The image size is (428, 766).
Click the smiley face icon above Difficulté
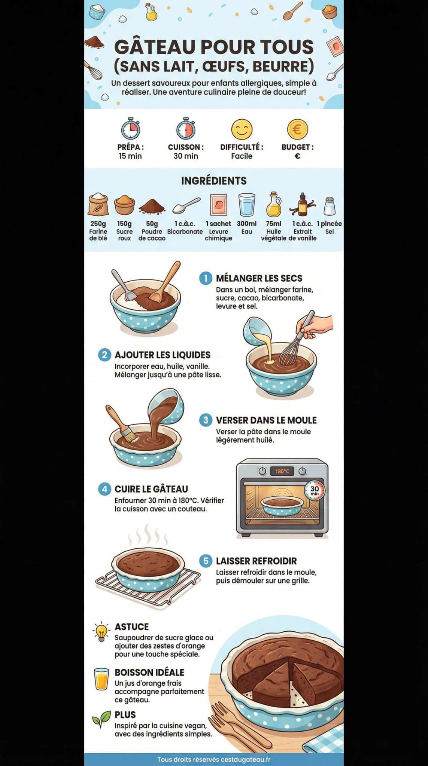pos(242,129)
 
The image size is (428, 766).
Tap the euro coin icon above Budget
pos(297,129)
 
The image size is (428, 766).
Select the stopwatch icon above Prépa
pos(130,129)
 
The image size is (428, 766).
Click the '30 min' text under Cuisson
pos(186,156)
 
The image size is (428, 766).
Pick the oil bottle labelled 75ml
pos(274,205)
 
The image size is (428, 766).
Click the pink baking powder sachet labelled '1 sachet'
pos(218,205)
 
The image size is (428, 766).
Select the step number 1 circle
pos(206,278)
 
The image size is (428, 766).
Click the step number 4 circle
pos(104,489)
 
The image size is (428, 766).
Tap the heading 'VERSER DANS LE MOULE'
pos(266,420)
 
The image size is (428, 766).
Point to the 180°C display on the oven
pos(282,471)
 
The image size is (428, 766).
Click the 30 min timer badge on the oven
pos(315,490)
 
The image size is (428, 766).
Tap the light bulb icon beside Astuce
pos(101,632)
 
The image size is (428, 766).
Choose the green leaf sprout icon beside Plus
pos(101,718)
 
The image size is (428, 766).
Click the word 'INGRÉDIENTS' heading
pos(214,181)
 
